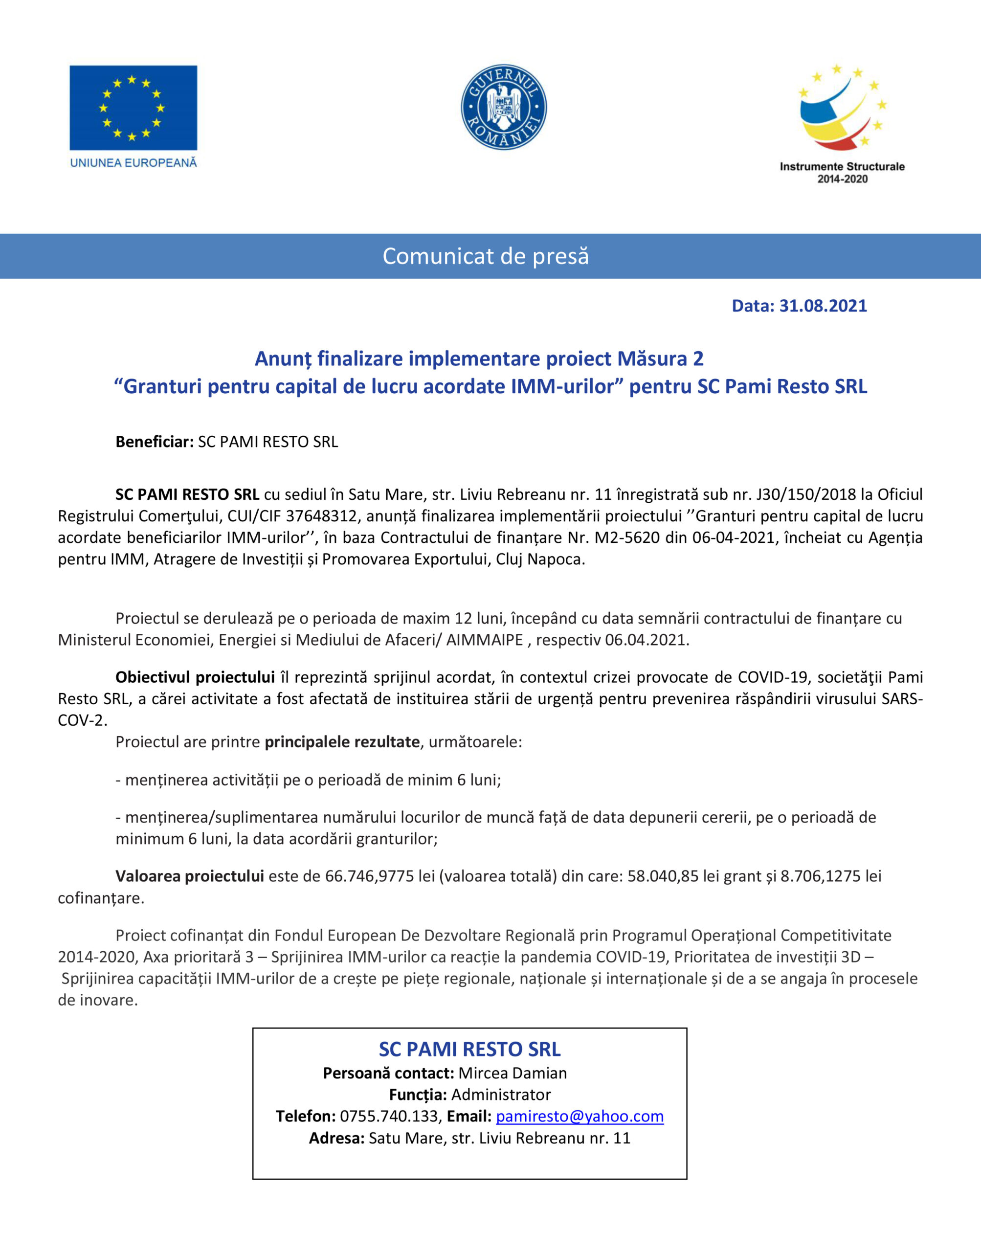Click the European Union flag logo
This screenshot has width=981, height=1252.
133,108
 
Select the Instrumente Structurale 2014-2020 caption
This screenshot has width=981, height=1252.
842,173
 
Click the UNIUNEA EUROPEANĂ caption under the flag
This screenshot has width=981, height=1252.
133,163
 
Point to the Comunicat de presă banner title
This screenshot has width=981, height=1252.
486,256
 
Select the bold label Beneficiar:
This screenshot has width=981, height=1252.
155,442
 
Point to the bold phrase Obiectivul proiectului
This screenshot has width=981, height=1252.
195,677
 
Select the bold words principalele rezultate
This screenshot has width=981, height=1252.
342,741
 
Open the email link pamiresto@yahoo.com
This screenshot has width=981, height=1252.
580,1116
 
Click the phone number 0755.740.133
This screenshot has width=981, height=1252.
388,1116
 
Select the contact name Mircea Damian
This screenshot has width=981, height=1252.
513,1073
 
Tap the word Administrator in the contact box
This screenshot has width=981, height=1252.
501,1094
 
